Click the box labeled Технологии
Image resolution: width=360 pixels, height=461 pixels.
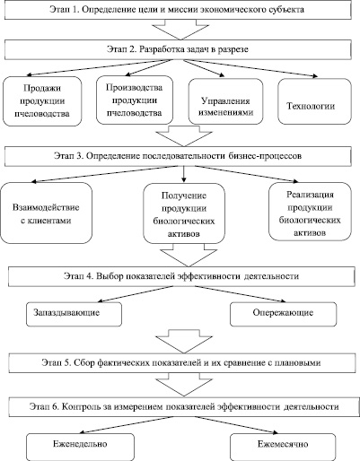coord(314,101)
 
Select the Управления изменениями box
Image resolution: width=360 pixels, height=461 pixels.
coord(225,101)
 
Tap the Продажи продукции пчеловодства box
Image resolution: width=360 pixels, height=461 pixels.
coord(42,101)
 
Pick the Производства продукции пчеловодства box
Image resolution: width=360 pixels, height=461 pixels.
coord(135,100)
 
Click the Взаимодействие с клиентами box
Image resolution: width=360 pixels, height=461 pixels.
coord(46,213)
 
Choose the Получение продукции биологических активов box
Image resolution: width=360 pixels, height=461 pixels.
coord(184,213)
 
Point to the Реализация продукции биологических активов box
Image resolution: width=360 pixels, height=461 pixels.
coord(310,212)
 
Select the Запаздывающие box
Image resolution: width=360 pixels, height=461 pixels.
coord(74,314)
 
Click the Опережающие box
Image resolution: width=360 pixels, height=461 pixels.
coord(283,314)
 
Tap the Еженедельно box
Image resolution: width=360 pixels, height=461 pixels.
coord(80,447)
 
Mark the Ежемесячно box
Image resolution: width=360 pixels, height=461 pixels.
coord(283,447)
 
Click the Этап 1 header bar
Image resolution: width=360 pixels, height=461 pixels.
coord(178,10)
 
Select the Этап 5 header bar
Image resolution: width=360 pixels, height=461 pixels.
coord(182,363)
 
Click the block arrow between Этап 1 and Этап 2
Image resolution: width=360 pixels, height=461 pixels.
coord(180,30)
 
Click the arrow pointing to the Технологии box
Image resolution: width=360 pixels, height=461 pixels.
coord(250,68)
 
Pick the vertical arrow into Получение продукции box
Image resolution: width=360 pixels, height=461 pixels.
coord(184,174)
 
